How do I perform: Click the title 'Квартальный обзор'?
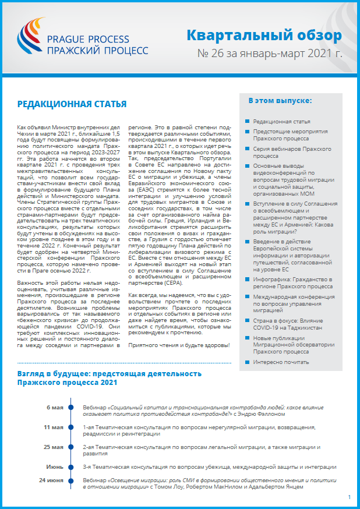point(264,36)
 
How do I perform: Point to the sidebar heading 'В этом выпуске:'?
point(280,101)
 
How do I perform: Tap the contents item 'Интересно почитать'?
point(281,362)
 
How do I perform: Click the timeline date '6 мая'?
point(55,408)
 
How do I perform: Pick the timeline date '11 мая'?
point(54,427)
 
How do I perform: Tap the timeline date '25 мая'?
point(54,447)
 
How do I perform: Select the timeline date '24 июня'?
point(52,480)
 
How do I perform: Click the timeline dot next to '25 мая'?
point(71,447)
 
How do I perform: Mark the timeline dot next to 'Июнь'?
point(71,466)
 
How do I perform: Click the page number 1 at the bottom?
point(349,497)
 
